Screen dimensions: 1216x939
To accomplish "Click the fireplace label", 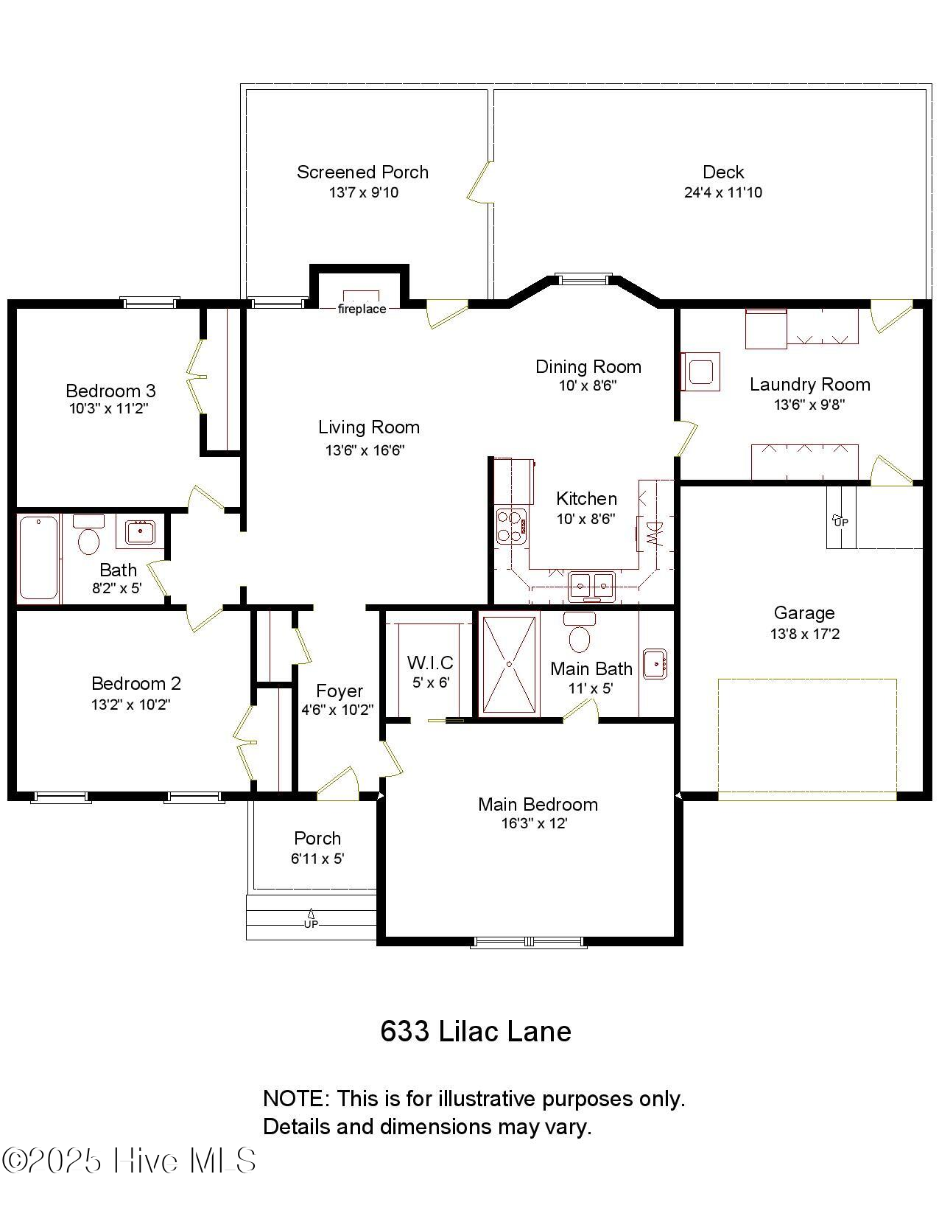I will click(362, 309).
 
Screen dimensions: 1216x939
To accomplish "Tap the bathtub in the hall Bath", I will click(38, 558).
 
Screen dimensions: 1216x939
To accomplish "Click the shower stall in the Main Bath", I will click(508, 664).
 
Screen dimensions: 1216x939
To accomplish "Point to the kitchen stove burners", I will click(509, 525).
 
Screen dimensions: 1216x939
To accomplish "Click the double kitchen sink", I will click(591, 587).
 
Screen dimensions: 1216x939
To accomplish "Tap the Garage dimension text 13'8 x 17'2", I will click(804, 634).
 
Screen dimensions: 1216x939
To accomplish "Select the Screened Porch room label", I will click(362, 172).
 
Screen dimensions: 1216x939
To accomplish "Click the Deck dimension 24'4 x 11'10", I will click(722, 192).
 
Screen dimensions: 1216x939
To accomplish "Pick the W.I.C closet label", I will click(430, 663).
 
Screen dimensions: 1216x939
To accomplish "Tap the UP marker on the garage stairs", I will click(840, 520).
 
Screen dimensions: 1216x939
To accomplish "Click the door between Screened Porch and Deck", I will click(479, 181).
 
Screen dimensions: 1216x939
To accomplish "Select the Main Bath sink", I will click(655, 664).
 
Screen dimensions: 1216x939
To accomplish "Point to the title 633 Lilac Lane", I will click(475, 1031).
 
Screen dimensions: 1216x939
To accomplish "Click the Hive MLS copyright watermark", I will click(129, 1161).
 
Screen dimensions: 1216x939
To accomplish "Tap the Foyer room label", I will click(339, 691).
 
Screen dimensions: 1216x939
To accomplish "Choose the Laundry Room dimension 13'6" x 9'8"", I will click(809, 405).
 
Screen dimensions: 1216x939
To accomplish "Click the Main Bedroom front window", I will click(528, 942).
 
